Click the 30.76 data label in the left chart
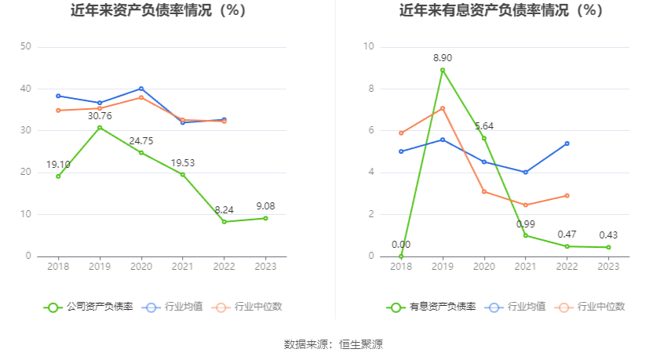pos(100,116)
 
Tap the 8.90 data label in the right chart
pos(443,58)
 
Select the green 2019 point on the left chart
pos(100,127)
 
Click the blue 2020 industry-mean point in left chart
pos(141,89)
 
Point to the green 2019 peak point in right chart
pos(443,70)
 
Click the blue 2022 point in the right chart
pos(567,144)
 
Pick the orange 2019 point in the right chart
pos(443,108)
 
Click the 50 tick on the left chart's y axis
pos(25,47)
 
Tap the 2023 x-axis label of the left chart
pos(265,267)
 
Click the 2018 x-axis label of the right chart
pos(401,267)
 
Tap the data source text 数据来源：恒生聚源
pos(333,344)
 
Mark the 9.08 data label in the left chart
pos(265,206)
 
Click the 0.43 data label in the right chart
pos(608,235)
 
